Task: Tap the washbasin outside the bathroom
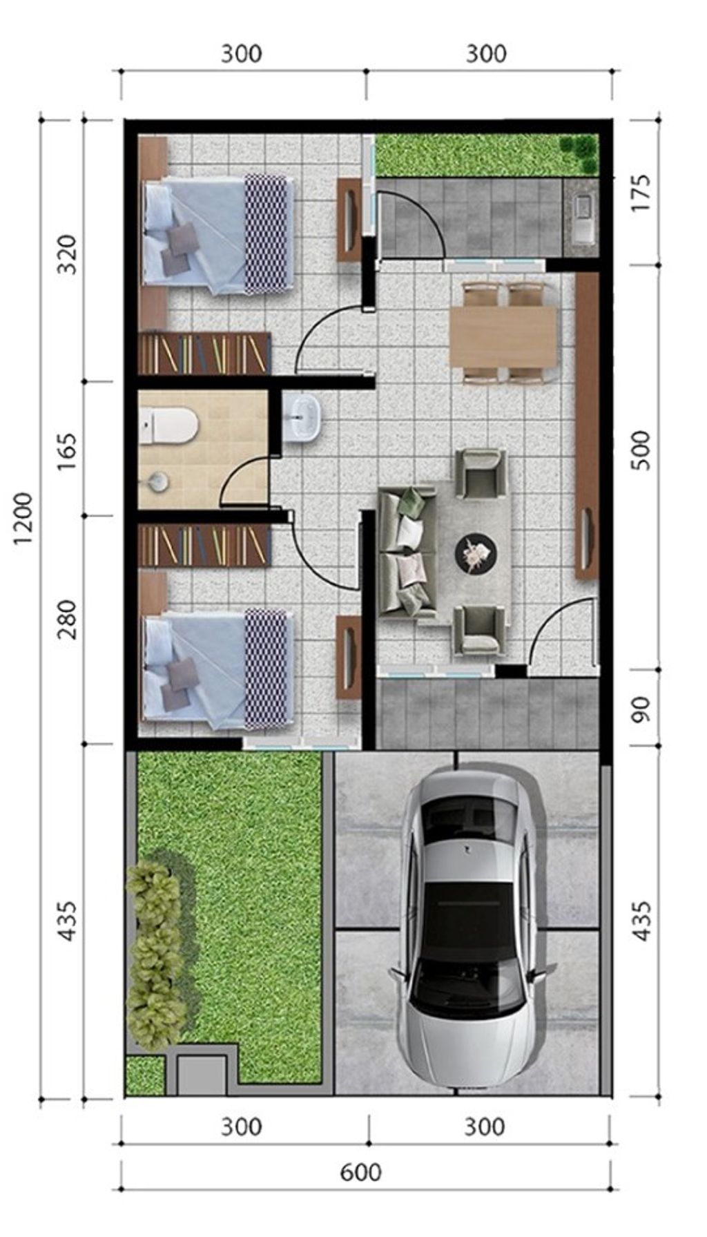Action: pyautogui.click(x=302, y=418)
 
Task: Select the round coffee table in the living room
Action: pyautogui.click(x=475, y=552)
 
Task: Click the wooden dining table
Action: pyautogui.click(x=503, y=335)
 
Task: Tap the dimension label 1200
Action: pyautogui.click(x=24, y=518)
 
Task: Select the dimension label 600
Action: pyautogui.click(x=360, y=1172)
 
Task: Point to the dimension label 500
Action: pyautogui.click(x=641, y=450)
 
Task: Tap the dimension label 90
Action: pyautogui.click(x=641, y=709)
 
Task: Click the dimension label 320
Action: pyautogui.click(x=67, y=255)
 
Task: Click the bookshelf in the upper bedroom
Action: pyautogui.click(x=204, y=354)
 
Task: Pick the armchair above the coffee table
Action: pyautogui.click(x=483, y=473)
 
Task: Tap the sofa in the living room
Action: pyautogui.click(x=407, y=550)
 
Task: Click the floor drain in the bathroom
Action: pyautogui.click(x=159, y=481)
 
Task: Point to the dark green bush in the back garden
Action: pyautogui.click(x=579, y=153)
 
